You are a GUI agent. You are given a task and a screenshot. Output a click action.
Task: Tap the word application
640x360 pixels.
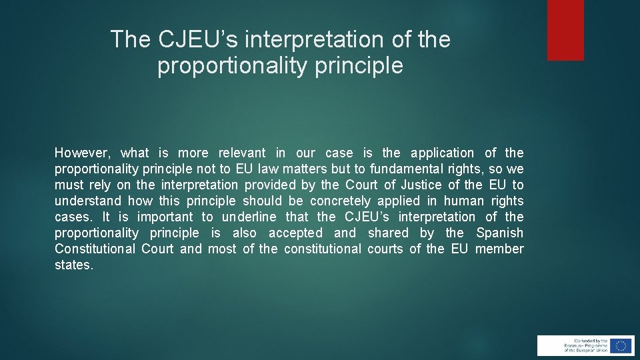(x=442, y=153)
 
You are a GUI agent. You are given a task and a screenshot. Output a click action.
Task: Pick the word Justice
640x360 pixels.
(x=421, y=185)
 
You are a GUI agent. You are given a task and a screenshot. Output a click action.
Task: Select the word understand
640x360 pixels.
(x=88, y=201)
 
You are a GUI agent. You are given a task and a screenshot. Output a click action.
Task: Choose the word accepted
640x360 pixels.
(x=295, y=233)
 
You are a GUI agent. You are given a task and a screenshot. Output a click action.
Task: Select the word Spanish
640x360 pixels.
(x=499, y=233)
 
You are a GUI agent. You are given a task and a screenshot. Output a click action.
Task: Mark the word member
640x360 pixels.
(x=499, y=249)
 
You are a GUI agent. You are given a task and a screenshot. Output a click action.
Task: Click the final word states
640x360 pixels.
(x=74, y=265)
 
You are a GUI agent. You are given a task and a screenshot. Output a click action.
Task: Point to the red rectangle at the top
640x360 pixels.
(x=565, y=30)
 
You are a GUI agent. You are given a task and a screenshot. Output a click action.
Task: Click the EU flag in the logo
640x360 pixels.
(x=621, y=345)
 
